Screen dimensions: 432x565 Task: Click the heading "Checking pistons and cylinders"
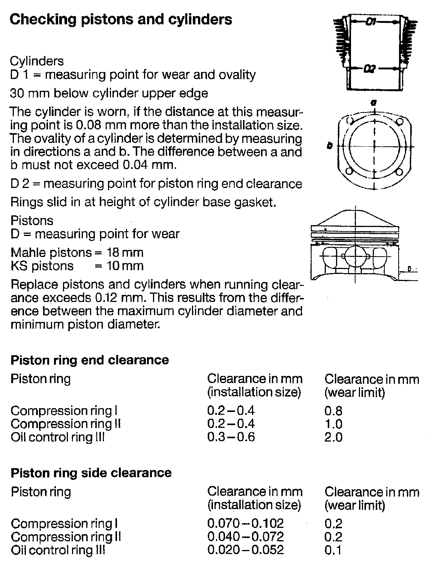click(121, 20)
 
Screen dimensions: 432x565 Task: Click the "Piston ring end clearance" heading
click(90, 360)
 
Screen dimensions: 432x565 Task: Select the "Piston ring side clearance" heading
click(91, 473)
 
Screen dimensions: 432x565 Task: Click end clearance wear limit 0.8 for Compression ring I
click(333, 411)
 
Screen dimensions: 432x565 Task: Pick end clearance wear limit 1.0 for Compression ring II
click(333, 424)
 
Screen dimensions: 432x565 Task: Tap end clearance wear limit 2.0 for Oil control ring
click(333, 437)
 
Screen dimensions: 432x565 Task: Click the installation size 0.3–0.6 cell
click(231, 437)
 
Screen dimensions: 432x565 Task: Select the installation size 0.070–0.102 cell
click(245, 523)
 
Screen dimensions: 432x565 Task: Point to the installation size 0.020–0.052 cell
click(245, 550)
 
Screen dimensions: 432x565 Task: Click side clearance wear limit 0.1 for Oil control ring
click(333, 550)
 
